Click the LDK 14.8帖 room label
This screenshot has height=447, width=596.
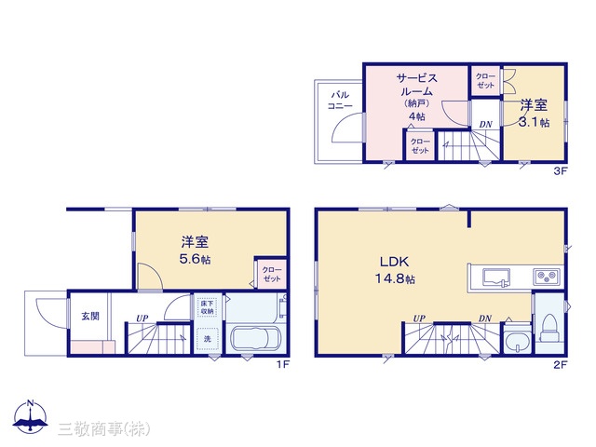click(395, 270)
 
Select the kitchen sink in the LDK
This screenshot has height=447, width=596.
click(496, 277)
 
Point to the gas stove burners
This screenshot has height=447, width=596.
click(547, 277)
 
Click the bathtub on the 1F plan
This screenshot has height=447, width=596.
click(257, 338)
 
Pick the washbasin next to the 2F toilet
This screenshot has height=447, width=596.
click(518, 339)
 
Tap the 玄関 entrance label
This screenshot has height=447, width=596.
click(90, 316)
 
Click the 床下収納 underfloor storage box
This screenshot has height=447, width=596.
click(207, 307)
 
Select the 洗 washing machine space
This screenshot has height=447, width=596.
click(207, 338)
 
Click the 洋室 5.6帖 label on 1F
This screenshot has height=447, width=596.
click(195, 251)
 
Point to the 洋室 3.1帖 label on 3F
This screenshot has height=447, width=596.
click(534, 113)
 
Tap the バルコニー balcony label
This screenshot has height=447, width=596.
click(340, 101)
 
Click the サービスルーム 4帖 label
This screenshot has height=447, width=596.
click(417, 97)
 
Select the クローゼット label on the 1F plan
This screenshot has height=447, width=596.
click(272, 274)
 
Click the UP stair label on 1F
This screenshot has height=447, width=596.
click(142, 318)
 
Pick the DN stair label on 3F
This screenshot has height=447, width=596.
click(485, 124)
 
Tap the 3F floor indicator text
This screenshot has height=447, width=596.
click(561, 171)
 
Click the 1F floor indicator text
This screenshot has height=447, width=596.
click(282, 364)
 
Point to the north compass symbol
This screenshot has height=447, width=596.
click(31, 416)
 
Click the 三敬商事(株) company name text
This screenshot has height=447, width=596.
click(104, 429)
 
